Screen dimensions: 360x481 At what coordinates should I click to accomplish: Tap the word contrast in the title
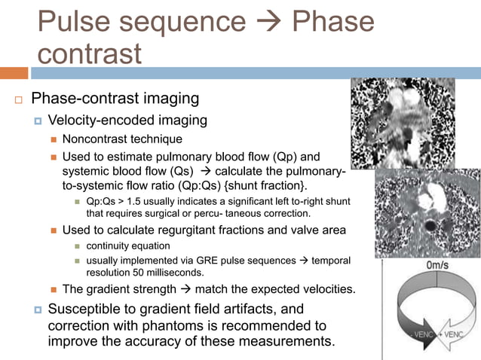(89, 54)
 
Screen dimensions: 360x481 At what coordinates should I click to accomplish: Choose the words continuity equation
(129, 246)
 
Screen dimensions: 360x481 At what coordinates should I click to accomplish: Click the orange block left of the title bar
(14, 73)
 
